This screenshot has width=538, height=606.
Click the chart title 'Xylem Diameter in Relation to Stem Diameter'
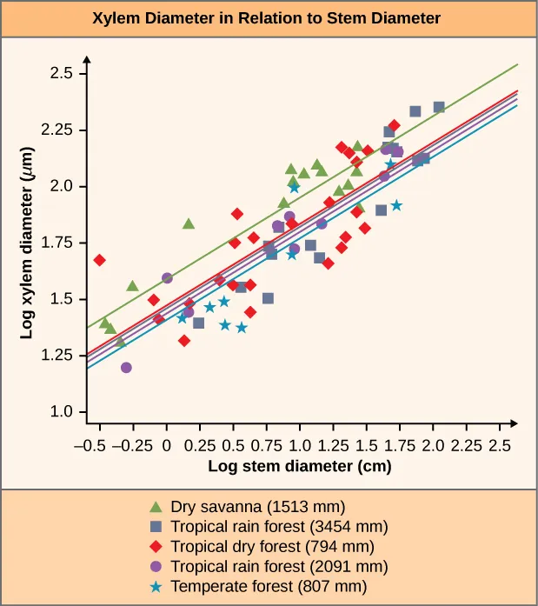[269, 17]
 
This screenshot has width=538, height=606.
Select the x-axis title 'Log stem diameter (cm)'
[299, 466]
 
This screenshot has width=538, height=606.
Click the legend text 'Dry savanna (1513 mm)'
[258, 506]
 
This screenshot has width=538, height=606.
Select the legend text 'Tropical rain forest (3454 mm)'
[279, 526]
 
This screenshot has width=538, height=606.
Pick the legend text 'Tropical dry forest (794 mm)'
[273, 546]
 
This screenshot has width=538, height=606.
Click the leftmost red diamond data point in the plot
[100, 260]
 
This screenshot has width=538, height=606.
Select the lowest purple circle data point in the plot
[126, 368]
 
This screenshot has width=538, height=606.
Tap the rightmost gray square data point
[439, 107]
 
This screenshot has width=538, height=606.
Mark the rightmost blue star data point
[396, 205]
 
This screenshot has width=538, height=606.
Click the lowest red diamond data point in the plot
[184, 341]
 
